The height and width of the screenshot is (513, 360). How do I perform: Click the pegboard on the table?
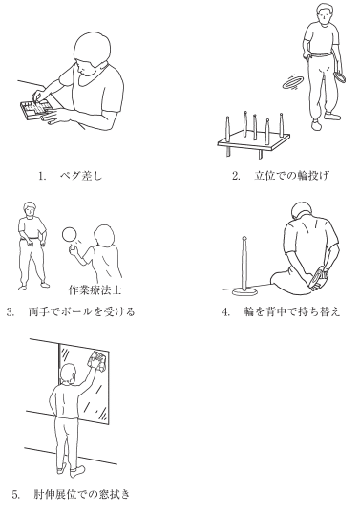[36, 109]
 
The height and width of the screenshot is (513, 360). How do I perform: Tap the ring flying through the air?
[293, 81]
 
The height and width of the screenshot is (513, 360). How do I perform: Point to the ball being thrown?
[70, 235]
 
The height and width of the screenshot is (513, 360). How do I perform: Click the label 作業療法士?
[95, 289]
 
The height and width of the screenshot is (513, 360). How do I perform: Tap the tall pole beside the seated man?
[244, 263]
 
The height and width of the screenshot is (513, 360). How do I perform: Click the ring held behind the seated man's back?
[317, 278]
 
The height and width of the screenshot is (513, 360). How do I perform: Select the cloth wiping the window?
[96, 360]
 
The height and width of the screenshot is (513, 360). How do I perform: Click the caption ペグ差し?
[81, 176]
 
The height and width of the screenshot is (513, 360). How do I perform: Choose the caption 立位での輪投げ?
[291, 176]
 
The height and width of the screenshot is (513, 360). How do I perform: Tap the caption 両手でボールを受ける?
[82, 311]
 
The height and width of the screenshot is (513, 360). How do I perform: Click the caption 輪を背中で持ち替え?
[292, 311]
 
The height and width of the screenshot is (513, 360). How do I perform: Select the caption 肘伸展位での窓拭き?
[82, 494]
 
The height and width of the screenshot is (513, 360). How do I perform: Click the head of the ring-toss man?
[323, 13]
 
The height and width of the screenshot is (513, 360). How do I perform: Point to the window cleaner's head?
[69, 374]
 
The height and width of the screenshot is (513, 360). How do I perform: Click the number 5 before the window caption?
[15, 494]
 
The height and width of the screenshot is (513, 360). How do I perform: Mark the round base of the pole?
[245, 290]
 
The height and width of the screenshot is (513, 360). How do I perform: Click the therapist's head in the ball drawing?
[104, 235]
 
